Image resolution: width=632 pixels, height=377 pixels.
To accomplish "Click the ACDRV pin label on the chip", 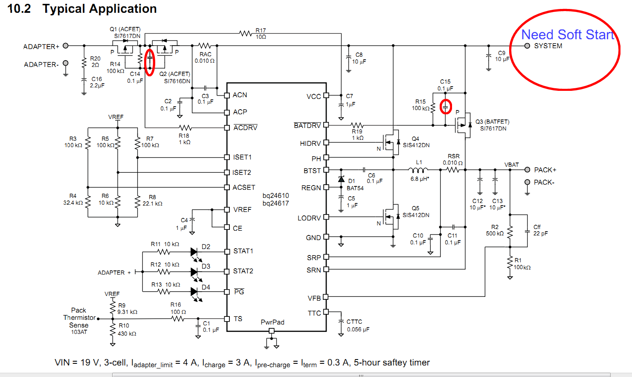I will [x=245, y=128].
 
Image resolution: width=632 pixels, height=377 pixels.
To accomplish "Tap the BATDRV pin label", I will [x=307, y=125].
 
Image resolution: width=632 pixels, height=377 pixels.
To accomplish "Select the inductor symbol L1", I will [x=418, y=170].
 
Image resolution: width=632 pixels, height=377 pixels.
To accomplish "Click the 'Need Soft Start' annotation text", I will [x=568, y=35].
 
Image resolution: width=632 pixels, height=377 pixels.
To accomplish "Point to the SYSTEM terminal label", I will [x=548, y=46].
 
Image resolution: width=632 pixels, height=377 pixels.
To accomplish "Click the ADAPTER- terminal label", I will [x=41, y=65].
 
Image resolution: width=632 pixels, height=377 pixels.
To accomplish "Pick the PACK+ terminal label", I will [x=545, y=170].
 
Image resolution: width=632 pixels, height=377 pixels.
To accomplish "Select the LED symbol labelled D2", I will [x=194, y=252].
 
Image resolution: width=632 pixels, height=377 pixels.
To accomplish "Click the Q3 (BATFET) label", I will [x=493, y=122].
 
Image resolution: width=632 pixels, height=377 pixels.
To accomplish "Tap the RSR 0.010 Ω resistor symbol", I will [x=453, y=170].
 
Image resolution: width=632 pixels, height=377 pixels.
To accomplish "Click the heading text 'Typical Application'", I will [x=99, y=9].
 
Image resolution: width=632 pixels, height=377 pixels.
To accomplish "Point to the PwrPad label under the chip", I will [x=273, y=322].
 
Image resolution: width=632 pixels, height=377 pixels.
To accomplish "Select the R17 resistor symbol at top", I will [x=246, y=33].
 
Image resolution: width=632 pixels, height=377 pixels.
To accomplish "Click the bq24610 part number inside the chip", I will [x=275, y=196].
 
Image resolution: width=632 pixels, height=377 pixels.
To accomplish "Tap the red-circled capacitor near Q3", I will [x=446, y=107].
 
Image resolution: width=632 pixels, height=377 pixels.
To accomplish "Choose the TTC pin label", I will [x=314, y=313].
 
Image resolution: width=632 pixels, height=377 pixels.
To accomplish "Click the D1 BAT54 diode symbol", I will [x=341, y=179].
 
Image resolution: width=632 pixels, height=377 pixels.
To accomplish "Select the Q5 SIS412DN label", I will [x=416, y=212].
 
